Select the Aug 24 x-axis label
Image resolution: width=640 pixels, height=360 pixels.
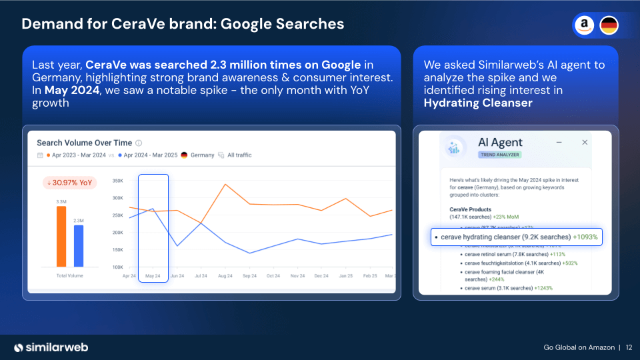pos(225,275)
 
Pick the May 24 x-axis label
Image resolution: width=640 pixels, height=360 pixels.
pos(153,275)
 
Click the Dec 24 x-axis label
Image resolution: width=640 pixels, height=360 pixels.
pos(321,275)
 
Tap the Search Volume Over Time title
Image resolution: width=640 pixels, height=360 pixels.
pos(84,143)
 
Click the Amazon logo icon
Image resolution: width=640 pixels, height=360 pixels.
pos(585,26)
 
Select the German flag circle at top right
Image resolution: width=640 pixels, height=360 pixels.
pos(609,26)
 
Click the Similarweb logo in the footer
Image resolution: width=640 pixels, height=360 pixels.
pos(51,347)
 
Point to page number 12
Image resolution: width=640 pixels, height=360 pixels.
pos(629,347)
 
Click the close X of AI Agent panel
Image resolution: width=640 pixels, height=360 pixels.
pos(585,142)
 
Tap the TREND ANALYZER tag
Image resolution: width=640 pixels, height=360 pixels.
pos(499,155)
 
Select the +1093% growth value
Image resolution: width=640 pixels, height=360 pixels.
pos(585,237)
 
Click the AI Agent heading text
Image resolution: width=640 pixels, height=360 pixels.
pos(500,142)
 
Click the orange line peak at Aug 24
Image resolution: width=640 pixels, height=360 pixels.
pos(225,184)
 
